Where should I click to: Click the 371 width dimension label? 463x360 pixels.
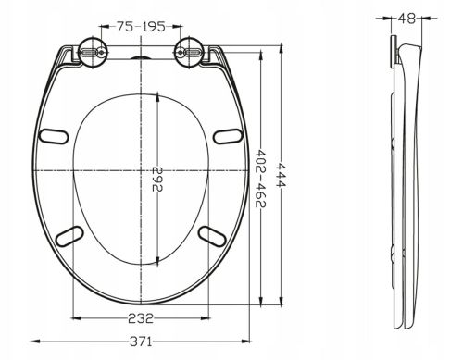tap(141, 341)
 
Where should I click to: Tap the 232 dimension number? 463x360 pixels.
tap(141, 318)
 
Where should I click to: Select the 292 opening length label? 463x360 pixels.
tap(157, 179)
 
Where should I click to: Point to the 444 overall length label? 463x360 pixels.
tap(281, 175)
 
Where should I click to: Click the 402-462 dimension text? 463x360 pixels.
tap(261, 179)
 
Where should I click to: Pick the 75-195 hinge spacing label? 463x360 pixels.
tap(141, 27)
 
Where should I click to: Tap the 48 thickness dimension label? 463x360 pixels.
tap(407, 19)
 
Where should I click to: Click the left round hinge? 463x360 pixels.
tap(93, 53)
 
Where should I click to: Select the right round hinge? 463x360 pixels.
tap(189, 53)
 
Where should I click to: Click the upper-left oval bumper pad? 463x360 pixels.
tap(54, 136)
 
